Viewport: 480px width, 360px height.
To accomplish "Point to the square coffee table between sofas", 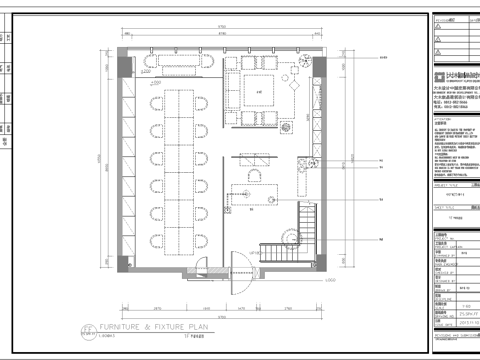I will click(x=261, y=93).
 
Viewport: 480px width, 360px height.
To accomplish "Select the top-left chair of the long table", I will click(x=158, y=103).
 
